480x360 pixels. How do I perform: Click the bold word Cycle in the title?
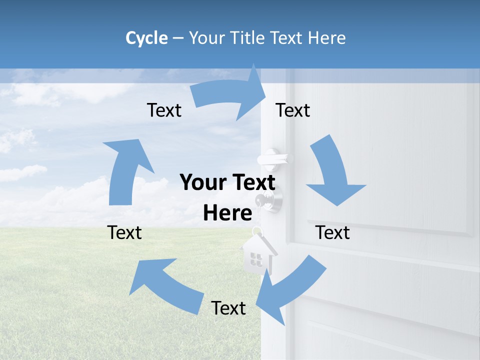146,38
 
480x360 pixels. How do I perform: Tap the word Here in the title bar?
325,38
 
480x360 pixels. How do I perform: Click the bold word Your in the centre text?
200,182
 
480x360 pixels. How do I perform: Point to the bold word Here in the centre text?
227,213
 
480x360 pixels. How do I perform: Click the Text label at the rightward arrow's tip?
293,110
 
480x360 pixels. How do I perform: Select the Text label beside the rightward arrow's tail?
164,110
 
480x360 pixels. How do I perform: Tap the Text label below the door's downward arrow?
332,232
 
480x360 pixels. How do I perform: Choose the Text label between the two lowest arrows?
228,308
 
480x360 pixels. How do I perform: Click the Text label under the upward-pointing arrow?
124,232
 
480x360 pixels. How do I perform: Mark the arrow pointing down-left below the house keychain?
290,290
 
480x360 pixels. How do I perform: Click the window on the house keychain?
256,258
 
